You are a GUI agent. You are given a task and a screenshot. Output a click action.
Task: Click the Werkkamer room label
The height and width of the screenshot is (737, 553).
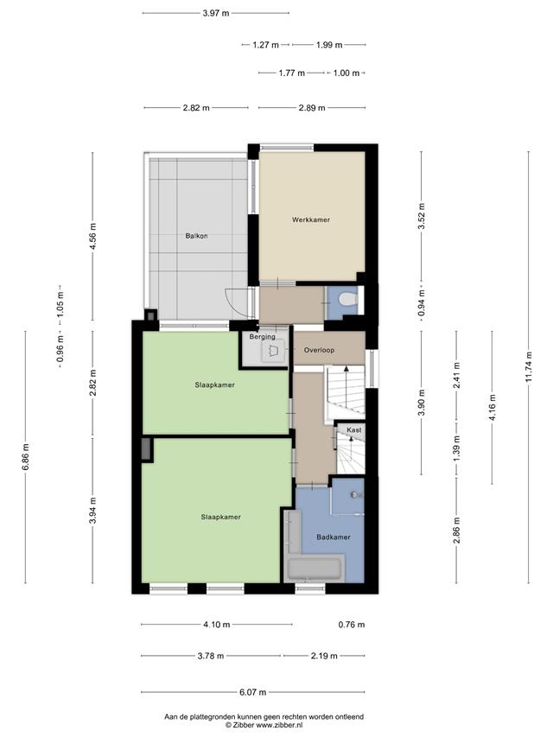click(x=311, y=219)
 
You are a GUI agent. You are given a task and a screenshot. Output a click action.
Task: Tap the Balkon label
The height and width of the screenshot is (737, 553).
click(x=196, y=236)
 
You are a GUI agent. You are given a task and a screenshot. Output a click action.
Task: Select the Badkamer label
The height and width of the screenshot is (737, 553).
click(x=334, y=537)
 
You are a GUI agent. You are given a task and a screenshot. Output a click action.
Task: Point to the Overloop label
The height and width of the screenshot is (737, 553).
click(x=319, y=350)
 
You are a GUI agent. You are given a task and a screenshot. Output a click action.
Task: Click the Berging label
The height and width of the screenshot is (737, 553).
click(x=262, y=337)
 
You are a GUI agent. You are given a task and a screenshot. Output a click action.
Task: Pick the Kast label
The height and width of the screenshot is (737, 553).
click(x=354, y=430)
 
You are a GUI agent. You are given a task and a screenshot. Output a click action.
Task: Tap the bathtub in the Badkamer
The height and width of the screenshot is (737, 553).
click(x=315, y=569)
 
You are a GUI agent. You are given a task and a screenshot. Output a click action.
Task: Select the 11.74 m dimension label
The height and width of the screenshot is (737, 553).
click(x=529, y=367)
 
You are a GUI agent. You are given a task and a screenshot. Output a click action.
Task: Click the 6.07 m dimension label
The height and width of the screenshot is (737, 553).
click(x=252, y=692)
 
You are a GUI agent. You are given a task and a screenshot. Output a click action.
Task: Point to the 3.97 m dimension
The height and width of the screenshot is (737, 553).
click(x=216, y=13)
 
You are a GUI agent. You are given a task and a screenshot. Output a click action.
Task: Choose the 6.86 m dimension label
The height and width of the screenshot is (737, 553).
click(x=26, y=457)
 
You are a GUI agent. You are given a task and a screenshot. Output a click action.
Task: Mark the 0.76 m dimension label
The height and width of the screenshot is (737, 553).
click(x=352, y=625)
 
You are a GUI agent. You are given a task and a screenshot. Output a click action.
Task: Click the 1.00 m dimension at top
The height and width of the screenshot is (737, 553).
click(x=346, y=73)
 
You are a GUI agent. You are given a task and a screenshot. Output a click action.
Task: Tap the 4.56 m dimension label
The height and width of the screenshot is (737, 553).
click(x=92, y=237)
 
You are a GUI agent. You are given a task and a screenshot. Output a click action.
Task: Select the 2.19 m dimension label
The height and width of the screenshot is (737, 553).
click(x=324, y=656)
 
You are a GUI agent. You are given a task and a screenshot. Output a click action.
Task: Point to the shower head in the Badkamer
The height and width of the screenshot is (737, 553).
click(x=355, y=495)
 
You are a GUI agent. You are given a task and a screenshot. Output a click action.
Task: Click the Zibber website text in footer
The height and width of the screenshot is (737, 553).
click(x=264, y=725)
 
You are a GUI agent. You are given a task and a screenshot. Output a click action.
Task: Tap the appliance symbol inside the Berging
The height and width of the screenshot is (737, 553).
click(x=274, y=350)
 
